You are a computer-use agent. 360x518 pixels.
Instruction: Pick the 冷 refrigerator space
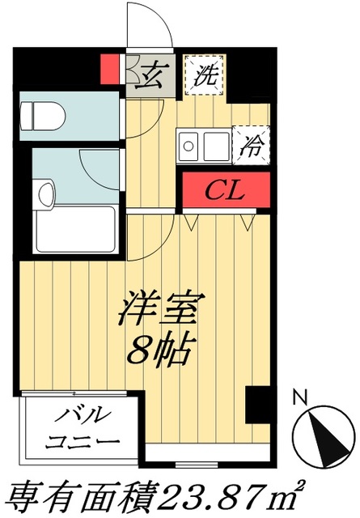pos(252,146)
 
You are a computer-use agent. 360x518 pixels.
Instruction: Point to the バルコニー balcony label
pos(79,429)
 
